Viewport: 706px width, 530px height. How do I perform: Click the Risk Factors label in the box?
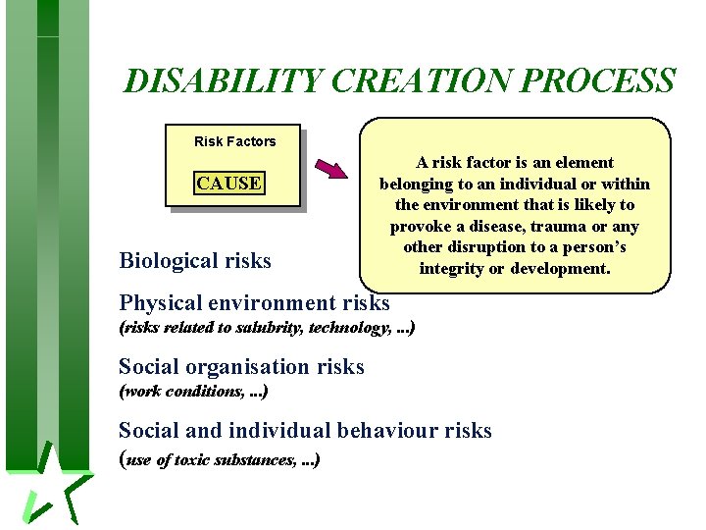[x=234, y=141]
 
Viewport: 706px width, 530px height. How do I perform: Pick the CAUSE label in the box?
[x=228, y=184]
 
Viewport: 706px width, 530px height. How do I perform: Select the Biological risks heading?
[x=195, y=260]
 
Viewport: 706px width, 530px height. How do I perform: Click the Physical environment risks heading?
[x=254, y=302]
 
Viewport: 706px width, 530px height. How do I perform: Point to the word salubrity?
[x=270, y=328]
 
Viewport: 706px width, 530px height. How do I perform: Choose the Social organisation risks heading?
[x=241, y=367]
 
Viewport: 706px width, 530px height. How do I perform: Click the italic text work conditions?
[x=184, y=391]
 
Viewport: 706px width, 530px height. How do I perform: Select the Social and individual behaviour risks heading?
[x=305, y=430]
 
